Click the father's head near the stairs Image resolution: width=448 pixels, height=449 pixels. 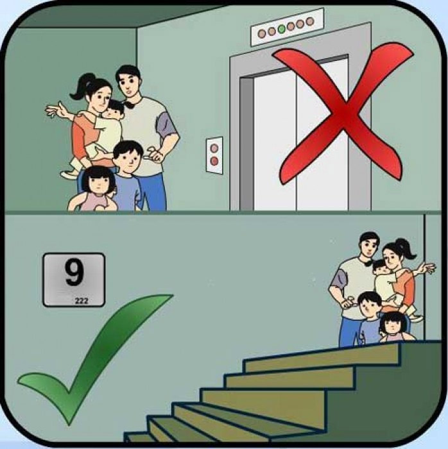(368, 247)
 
